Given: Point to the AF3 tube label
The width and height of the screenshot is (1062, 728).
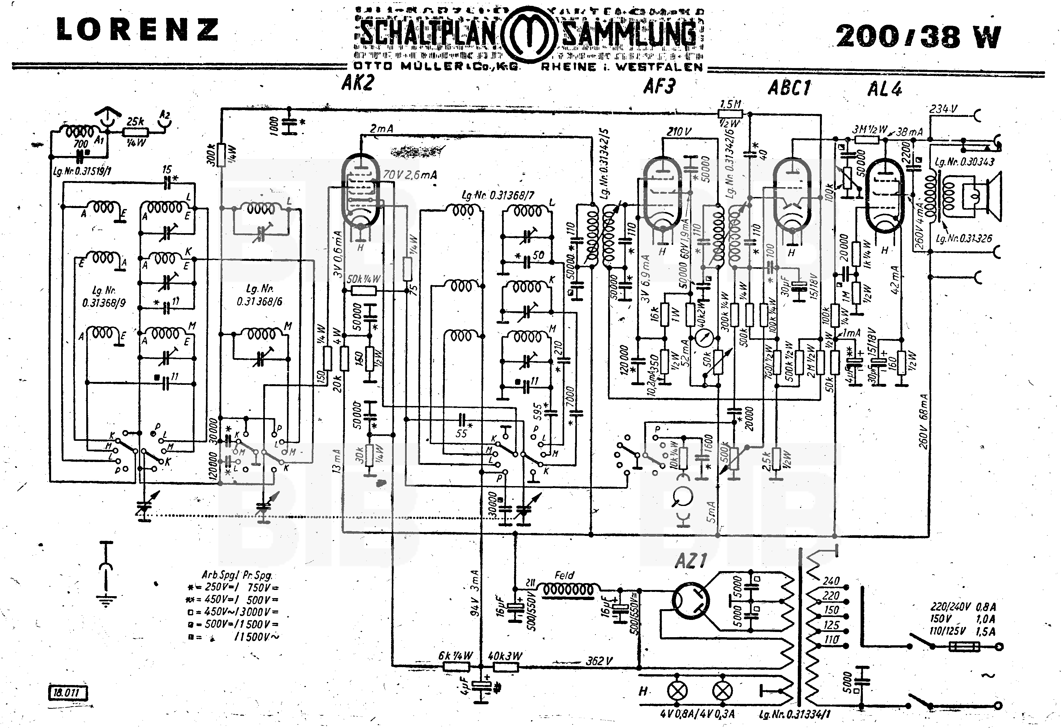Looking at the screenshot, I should click(x=659, y=86).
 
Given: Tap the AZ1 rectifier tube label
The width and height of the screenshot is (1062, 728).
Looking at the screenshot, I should click(x=691, y=561).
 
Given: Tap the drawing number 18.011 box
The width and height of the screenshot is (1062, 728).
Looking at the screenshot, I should click(x=67, y=692).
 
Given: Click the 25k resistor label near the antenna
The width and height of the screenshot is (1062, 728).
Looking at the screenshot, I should click(x=135, y=122).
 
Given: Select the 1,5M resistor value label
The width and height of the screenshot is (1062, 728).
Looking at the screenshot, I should click(x=730, y=104).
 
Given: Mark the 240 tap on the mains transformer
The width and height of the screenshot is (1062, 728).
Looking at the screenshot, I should click(x=831, y=581).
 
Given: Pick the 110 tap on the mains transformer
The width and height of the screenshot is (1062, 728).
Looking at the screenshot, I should click(x=831, y=639).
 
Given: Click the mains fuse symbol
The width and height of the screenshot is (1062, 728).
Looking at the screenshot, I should click(x=964, y=647).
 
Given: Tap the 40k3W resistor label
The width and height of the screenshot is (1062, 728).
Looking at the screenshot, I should click(x=505, y=656).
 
